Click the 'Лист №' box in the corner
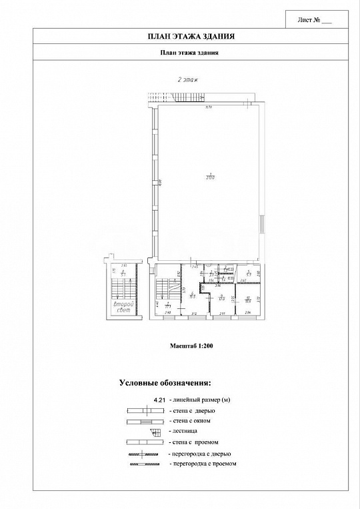(317, 20)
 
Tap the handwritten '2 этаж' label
(187, 79)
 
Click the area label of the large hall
(209, 177)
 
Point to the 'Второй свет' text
(123, 307)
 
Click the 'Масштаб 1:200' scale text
(190, 347)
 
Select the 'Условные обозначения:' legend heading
(165, 383)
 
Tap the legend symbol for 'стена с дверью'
(145, 410)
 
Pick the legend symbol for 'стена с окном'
(145, 421)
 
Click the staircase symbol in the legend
(154, 432)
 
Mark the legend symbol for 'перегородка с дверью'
(145, 453)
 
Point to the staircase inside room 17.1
(163, 290)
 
